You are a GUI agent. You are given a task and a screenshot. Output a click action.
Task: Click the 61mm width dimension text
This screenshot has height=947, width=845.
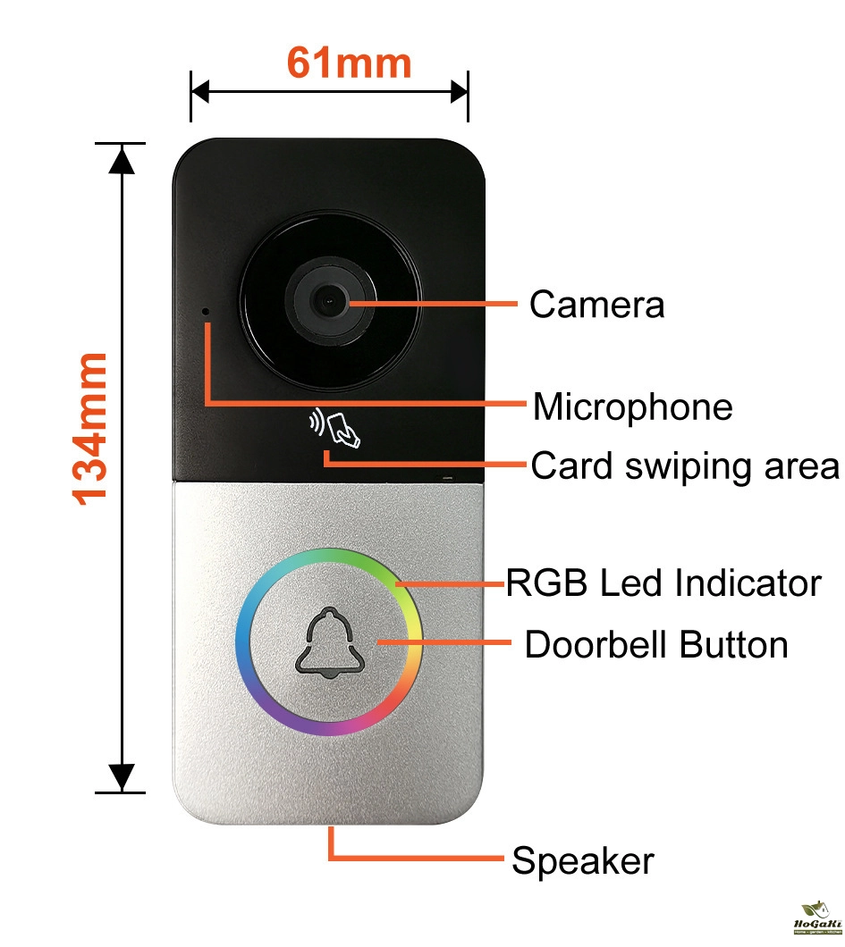pos(349,63)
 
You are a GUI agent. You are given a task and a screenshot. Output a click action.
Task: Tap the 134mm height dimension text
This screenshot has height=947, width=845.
pos(90,428)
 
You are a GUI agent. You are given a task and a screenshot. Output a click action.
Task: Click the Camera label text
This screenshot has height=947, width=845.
pos(596,305)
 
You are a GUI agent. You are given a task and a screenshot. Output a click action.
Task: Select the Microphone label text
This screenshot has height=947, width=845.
pos(633,406)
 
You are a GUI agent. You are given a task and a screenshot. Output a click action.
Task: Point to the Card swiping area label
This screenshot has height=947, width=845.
pos(685,465)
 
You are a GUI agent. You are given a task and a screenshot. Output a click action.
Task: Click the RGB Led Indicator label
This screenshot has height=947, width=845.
pos(663,583)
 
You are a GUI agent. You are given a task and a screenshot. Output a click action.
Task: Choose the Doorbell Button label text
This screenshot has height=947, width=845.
pos(656,644)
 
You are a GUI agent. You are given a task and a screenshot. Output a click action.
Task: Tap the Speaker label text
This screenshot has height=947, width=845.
pos(583,862)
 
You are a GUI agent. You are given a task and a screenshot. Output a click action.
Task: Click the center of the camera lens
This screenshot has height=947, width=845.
pos(329,302)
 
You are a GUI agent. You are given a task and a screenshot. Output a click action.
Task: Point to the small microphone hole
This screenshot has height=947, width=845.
pos(207,312)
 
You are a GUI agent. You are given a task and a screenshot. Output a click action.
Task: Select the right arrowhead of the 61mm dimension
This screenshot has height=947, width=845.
pos(460,91)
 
